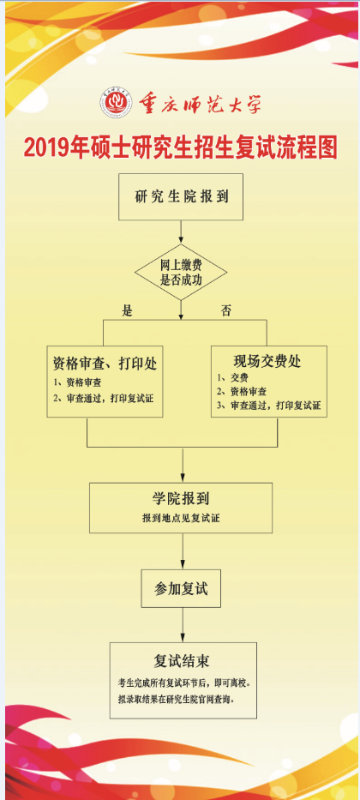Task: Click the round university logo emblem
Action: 115,103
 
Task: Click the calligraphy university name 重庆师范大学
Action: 200,104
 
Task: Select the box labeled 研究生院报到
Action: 181,197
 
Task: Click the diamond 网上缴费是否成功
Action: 181,272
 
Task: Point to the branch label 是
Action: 127,311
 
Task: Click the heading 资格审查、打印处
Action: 105,364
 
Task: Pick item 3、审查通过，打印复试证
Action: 269,406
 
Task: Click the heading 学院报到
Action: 181,498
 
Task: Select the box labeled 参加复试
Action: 181,588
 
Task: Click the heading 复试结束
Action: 182,661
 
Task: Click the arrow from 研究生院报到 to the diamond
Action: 181,232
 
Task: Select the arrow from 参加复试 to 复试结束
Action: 182,624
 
